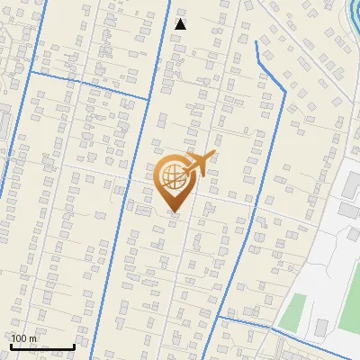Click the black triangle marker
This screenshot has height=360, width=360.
click(x=180, y=24)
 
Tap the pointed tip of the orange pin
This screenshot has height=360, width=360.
click(x=174, y=212)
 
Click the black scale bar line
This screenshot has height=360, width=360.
click(x=41, y=346)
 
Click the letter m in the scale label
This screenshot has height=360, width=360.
click(x=33, y=338)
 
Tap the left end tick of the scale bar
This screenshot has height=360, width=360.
click(x=10, y=345)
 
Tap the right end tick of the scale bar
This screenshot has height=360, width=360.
click(x=74, y=345)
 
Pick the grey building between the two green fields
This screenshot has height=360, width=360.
click(x=320, y=326)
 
